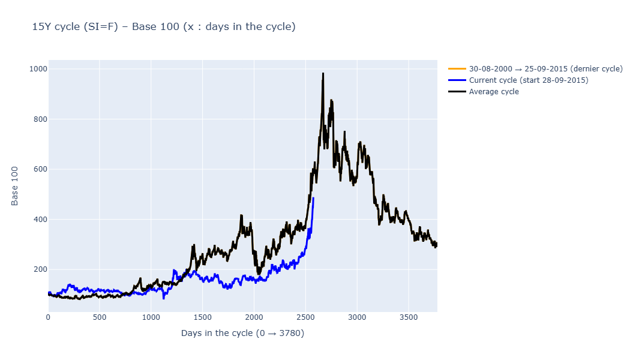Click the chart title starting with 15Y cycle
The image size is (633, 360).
point(164,27)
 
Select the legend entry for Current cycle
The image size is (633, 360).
point(528,80)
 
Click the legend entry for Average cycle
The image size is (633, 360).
point(493,92)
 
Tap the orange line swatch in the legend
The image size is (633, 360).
point(457,69)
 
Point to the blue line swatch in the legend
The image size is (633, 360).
point(457,80)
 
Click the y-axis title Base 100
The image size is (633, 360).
point(15,186)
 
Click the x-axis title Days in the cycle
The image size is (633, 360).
point(242,333)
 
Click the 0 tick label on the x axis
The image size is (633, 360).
point(49,316)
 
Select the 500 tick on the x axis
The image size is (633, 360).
point(100,316)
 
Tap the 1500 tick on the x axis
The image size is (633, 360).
point(202,316)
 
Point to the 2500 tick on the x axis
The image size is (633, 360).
point(305,316)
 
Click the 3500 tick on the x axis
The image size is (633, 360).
point(408,316)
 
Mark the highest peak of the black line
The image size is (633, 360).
point(323,74)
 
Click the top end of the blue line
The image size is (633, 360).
point(313,198)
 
